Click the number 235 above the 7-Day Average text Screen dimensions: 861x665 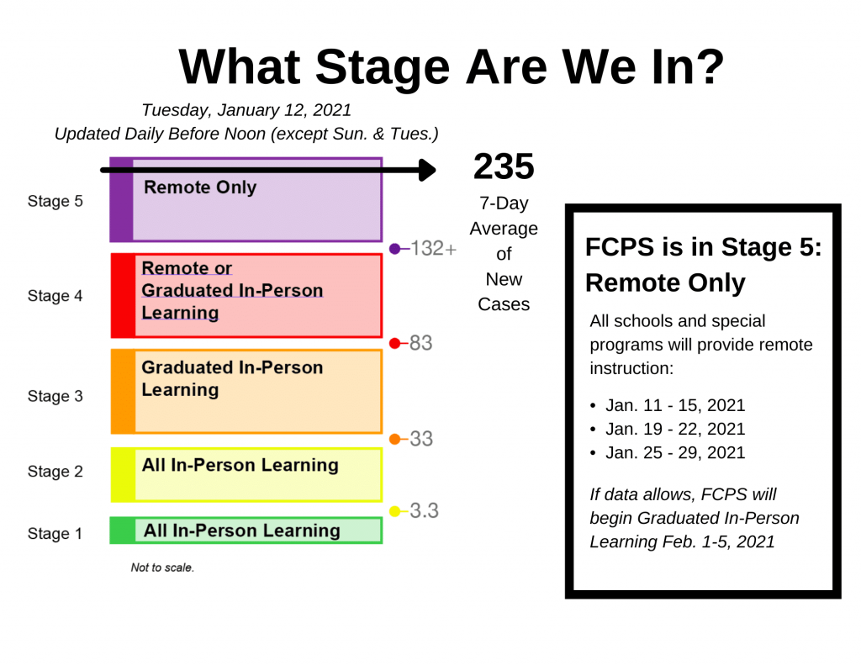point(504,166)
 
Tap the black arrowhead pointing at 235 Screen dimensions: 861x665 point(427,170)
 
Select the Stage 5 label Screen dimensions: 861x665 point(55,201)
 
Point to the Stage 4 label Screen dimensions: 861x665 point(55,295)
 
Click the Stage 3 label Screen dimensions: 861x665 point(55,396)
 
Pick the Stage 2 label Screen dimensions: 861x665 point(55,471)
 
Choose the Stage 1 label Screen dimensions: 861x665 point(55,533)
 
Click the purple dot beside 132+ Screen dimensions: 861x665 point(394,249)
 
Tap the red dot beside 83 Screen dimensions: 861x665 point(394,344)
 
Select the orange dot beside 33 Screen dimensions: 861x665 point(394,439)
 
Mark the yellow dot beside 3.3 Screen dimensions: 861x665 point(394,511)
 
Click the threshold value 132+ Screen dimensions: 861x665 point(433,248)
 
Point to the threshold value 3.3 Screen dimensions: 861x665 point(424,510)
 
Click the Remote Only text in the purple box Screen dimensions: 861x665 point(200,187)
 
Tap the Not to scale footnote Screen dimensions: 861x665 point(162,567)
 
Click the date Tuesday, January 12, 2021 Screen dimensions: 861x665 point(246,110)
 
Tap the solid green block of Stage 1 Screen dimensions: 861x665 point(123,530)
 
